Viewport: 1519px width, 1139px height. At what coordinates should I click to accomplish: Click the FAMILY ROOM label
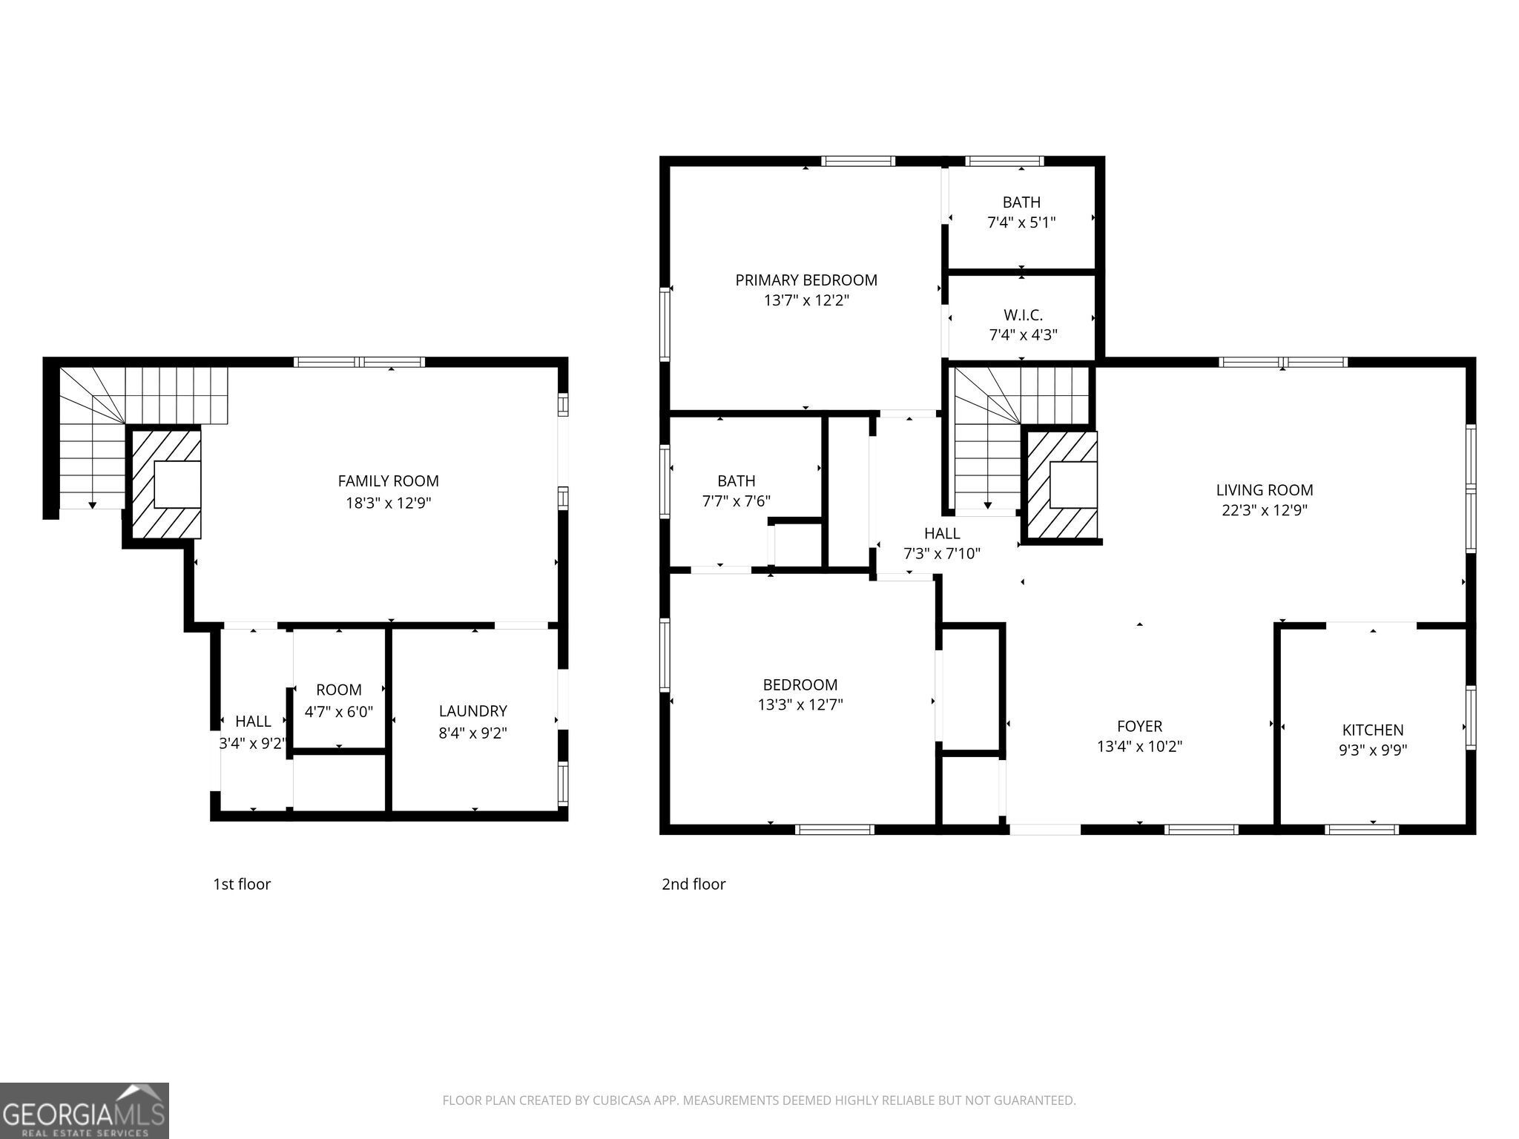click(x=388, y=481)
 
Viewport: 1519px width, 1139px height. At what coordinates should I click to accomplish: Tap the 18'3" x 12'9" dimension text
click(x=388, y=503)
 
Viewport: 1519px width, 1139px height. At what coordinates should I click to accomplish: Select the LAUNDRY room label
click(x=472, y=711)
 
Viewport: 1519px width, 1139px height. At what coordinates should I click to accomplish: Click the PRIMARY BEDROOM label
click(x=805, y=280)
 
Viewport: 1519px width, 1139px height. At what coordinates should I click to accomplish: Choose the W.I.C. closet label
click(x=1022, y=315)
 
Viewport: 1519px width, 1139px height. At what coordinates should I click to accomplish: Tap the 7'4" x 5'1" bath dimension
click(x=1021, y=222)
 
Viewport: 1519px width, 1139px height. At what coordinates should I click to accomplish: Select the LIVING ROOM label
click(x=1264, y=490)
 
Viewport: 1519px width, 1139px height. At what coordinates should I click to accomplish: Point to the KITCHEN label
click(x=1372, y=730)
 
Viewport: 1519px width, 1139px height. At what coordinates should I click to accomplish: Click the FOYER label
click(x=1139, y=726)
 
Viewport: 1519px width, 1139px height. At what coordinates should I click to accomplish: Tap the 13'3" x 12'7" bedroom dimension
click(x=800, y=704)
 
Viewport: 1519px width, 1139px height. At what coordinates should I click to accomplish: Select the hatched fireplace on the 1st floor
click(x=166, y=483)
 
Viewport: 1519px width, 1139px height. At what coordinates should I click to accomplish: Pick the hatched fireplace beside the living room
click(x=1061, y=485)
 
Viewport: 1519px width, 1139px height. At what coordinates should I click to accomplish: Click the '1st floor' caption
click(x=242, y=884)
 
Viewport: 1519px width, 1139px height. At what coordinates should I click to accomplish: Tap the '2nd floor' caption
click(x=693, y=884)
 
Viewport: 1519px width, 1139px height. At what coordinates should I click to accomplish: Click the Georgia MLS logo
click(x=84, y=1110)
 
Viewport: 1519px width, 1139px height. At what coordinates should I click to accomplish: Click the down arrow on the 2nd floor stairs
click(x=987, y=505)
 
